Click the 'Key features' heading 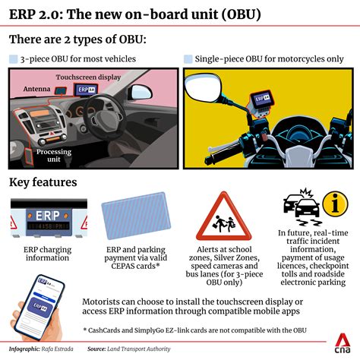coord(43,182)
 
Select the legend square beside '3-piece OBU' coord(13,58)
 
